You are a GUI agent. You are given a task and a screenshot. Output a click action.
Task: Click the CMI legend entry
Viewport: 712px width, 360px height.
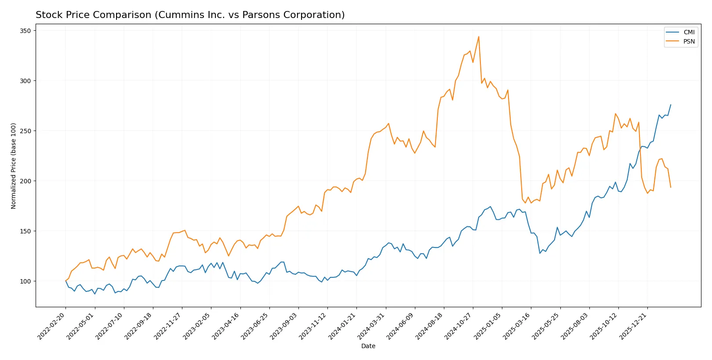pyautogui.click(x=689, y=32)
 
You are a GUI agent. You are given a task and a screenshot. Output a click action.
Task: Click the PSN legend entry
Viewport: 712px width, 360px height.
pyautogui.click(x=689, y=41)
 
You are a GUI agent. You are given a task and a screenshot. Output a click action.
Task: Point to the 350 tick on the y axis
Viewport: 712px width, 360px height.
pyautogui.click(x=25, y=31)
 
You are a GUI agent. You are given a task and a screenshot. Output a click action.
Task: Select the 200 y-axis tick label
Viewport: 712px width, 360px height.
pyautogui.click(x=25, y=181)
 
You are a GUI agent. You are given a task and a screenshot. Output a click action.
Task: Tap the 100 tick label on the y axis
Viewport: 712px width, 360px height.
pyautogui.click(x=25, y=281)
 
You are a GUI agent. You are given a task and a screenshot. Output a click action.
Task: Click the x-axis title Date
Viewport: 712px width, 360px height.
pyautogui.click(x=368, y=346)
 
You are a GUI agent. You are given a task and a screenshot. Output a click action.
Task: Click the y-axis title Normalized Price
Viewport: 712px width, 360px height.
pyautogui.click(x=14, y=166)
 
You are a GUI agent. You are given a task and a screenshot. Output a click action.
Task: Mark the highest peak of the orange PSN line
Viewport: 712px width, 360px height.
pyautogui.click(x=479, y=36)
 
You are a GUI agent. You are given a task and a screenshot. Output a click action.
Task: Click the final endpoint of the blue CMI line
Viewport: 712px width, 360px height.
pyautogui.click(x=671, y=105)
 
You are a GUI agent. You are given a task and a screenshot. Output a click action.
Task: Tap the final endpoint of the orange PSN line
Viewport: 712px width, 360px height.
pyautogui.click(x=671, y=187)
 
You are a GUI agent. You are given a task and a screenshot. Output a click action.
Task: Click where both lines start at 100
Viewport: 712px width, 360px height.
pyautogui.click(x=66, y=281)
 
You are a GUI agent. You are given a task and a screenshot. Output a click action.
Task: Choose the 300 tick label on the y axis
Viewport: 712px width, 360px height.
pyautogui.click(x=25, y=81)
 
